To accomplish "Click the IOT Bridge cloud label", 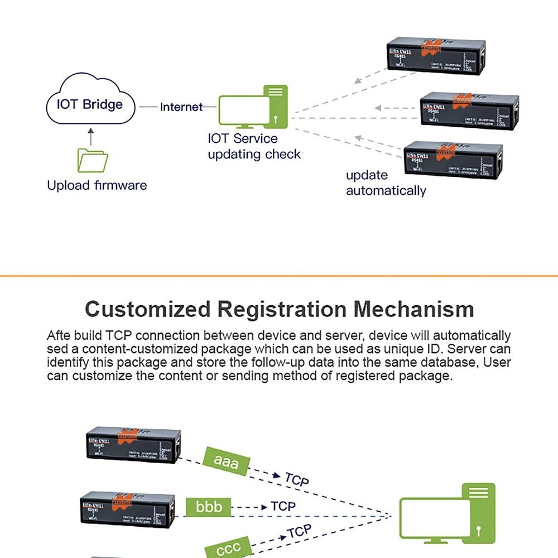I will [x=89, y=104].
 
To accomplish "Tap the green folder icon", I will [x=93, y=160].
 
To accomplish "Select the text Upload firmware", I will [x=97, y=185].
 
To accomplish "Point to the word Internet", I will [x=181, y=107].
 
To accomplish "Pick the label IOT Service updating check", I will [x=254, y=146].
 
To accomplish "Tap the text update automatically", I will [x=386, y=183].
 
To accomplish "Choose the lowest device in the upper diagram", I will [x=453, y=160].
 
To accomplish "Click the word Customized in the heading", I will [x=148, y=309].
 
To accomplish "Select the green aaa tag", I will [x=226, y=461].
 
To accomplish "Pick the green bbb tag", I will [x=209, y=507].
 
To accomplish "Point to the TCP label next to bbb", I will [x=283, y=506].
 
